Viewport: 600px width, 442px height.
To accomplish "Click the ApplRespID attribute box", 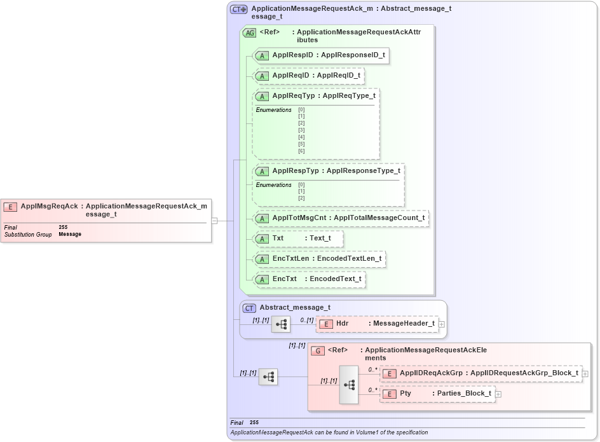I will click(321, 55).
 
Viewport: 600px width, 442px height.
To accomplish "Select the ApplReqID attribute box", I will click(309, 76).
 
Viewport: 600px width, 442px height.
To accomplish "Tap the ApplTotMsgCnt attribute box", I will click(341, 218).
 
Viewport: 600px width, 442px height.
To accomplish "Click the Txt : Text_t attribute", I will click(298, 238).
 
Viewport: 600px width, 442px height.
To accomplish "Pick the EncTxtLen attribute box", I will click(320, 259).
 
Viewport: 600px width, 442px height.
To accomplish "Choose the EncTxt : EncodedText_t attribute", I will click(310, 279).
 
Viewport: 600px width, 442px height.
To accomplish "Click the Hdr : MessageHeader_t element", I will click(378, 324).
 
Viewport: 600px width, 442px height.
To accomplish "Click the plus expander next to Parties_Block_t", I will click(498, 394).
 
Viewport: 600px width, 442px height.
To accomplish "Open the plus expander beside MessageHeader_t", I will click(442, 324).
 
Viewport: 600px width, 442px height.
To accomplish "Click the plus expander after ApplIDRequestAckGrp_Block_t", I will click(585, 374).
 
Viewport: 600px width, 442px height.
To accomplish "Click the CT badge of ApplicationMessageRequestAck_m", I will click(239, 10).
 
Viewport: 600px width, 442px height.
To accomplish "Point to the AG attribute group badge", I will click(250, 33).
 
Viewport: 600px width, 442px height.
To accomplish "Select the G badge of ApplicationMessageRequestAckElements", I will click(318, 350).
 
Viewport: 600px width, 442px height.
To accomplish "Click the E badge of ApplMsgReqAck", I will click(10, 207).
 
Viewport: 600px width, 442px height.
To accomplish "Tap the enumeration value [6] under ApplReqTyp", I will click(301, 151).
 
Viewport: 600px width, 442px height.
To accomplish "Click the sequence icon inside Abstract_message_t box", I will click(281, 324).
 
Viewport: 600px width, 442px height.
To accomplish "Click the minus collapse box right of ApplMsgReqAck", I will click(215, 221).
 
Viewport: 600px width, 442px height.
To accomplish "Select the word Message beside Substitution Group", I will click(70, 234).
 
